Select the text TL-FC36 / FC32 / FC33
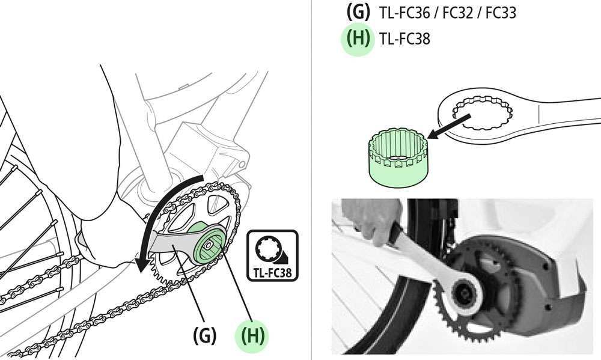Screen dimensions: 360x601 coord(448,12)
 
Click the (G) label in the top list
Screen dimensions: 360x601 coord(359,12)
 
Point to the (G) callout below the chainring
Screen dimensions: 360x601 coord(204,335)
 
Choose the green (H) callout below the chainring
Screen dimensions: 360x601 coord(252,335)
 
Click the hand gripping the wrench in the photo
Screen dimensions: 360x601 coord(373,222)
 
